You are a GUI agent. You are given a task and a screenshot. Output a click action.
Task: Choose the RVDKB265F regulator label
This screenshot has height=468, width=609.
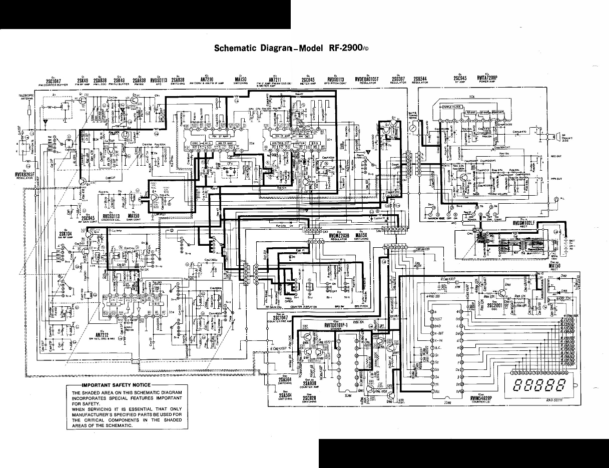24,175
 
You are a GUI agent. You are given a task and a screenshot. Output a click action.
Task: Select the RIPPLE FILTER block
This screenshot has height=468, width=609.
453,107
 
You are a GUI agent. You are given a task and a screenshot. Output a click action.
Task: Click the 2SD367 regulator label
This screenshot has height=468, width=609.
398,79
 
